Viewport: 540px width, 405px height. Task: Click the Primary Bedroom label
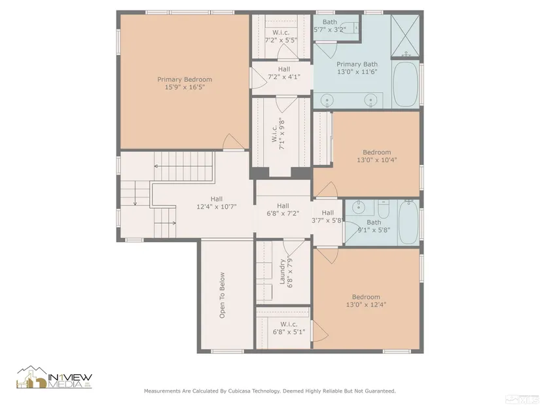[185, 80]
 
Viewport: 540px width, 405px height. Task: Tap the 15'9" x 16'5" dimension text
[185, 87]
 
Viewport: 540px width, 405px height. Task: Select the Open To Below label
[222, 296]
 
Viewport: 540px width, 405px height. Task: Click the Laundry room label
[282, 272]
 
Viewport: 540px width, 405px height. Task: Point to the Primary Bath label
[357, 64]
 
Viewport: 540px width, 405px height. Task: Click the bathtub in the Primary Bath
[406, 84]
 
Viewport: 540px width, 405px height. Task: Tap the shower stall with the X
[405, 35]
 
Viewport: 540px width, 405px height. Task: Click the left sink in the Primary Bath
[327, 101]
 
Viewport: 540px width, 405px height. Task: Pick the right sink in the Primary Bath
[370, 101]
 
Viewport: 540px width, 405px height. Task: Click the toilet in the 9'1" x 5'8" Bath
[383, 208]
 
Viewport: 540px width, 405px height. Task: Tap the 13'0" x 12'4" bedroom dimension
[366, 304]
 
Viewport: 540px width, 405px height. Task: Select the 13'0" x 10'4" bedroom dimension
[377, 160]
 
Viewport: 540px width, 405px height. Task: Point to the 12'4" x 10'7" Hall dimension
[217, 207]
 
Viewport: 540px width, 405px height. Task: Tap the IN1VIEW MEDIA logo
[54, 377]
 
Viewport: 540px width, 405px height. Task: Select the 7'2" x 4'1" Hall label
[284, 73]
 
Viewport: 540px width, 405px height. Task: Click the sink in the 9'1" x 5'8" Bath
[359, 207]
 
